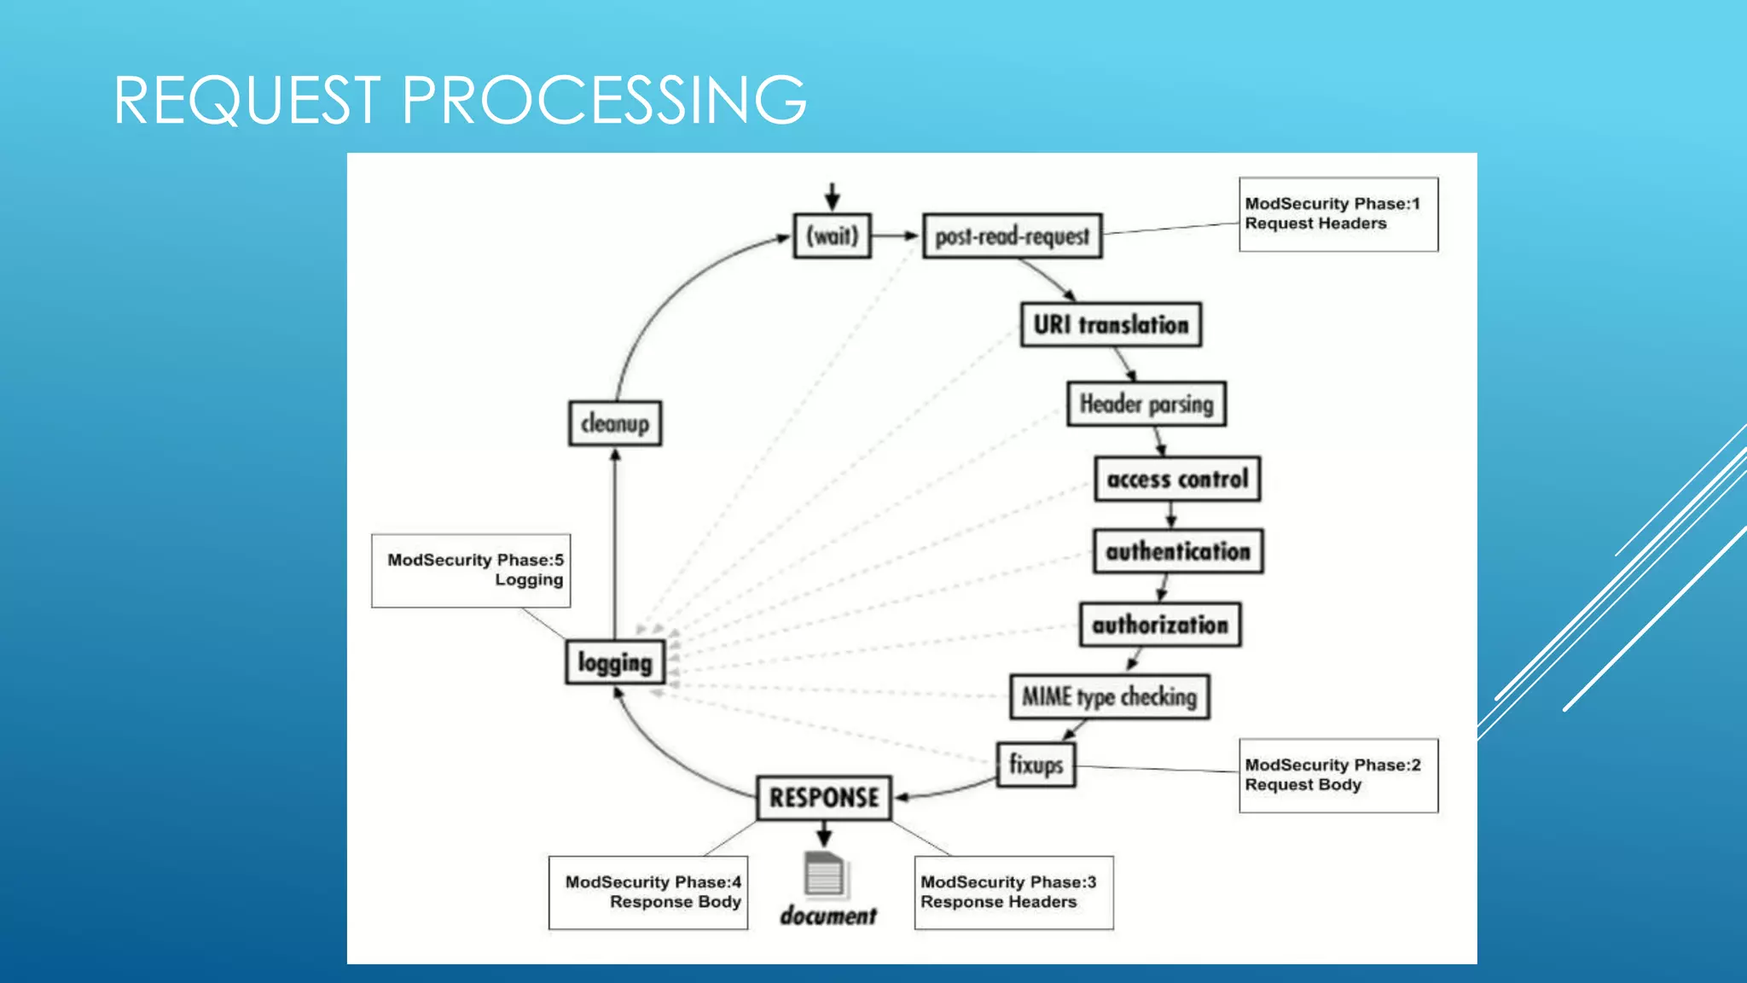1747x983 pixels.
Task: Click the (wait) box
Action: click(x=832, y=236)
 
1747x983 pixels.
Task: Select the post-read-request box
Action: click(x=1012, y=236)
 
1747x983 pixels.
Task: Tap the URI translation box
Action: click(x=1111, y=324)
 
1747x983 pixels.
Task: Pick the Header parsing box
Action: click(x=1146, y=404)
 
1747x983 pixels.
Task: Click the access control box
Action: click(x=1177, y=479)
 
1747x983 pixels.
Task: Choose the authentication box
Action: click(x=1178, y=551)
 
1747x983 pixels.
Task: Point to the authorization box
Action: click(x=1160, y=625)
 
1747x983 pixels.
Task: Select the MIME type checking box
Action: click(x=1109, y=697)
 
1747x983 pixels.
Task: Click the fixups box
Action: click(x=1036, y=765)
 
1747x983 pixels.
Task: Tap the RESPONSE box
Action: click(x=824, y=798)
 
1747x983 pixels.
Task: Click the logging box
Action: click(x=614, y=662)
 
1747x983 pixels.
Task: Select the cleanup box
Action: click(x=614, y=423)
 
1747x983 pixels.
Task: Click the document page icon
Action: click(x=824, y=875)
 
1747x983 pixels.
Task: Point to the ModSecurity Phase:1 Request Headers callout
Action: click(x=1338, y=214)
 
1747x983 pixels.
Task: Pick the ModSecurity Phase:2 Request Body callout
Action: click(x=1338, y=775)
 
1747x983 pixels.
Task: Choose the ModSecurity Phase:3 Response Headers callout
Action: click(x=1013, y=893)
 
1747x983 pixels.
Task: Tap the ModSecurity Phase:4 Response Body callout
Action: click(x=648, y=893)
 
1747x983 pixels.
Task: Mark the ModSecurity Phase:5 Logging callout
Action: click(x=471, y=570)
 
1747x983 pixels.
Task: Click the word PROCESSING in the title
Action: click(x=603, y=100)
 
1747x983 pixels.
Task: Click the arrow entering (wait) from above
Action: click(x=832, y=196)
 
